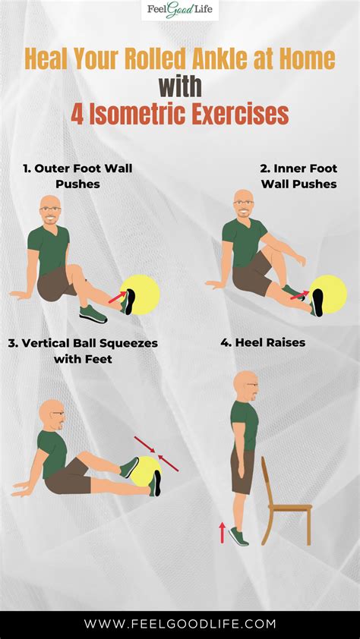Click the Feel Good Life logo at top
click(x=180, y=11)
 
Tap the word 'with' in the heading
click(x=180, y=85)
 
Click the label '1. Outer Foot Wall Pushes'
click(x=77, y=176)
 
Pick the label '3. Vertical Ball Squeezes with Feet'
click(x=83, y=351)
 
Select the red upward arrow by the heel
click(x=222, y=532)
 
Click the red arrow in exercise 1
click(x=118, y=297)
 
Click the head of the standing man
click(x=246, y=386)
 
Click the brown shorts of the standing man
click(x=243, y=470)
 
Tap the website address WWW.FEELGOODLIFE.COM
click(x=180, y=624)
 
